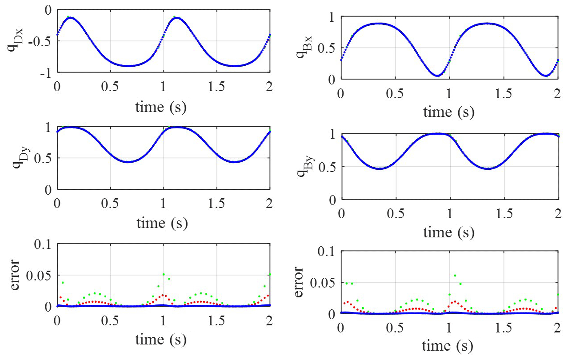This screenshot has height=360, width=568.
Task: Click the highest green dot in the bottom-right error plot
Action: pos(455,276)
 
